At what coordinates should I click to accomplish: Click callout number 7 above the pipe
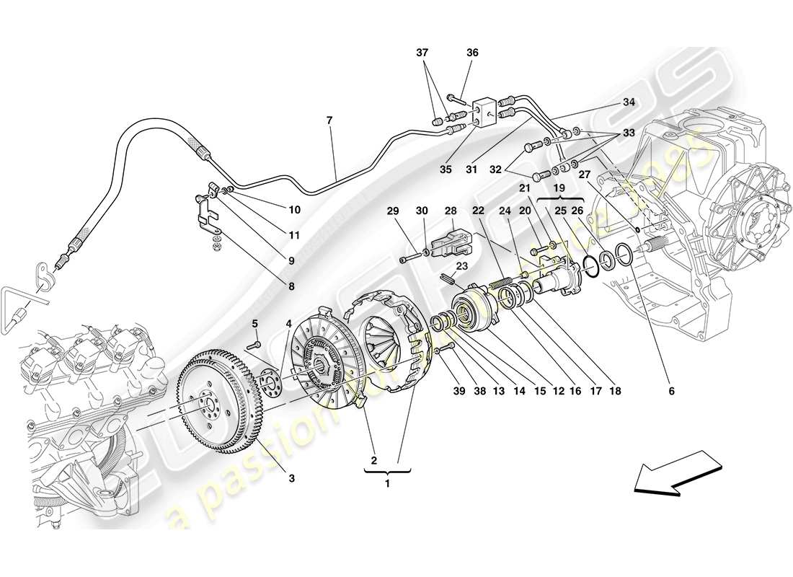pyautogui.click(x=329, y=120)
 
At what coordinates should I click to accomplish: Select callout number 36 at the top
pyautogui.click(x=472, y=53)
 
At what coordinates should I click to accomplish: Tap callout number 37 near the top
pyautogui.click(x=422, y=53)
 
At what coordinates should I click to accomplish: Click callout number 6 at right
pyautogui.click(x=671, y=391)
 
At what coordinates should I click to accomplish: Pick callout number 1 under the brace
pyautogui.click(x=387, y=483)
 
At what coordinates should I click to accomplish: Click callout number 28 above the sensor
pyautogui.click(x=451, y=211)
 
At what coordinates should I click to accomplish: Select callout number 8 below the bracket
pyautogui.click(x=291, y=286)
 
